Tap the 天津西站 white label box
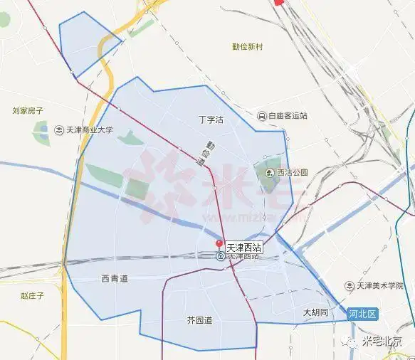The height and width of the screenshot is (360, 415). click(243, 248)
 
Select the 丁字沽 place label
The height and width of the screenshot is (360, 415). click(210, 120)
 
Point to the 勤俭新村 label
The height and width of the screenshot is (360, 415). click(247, 47)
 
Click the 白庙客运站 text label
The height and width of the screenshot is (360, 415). click(288, 115)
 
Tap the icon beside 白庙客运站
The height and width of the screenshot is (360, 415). click(262, 115)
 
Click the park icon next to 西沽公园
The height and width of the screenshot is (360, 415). click(270, 173)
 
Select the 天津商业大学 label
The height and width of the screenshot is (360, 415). click(90, 130)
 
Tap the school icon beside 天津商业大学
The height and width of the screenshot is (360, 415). click(59, 130)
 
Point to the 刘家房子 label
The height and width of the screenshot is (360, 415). click(28, 111)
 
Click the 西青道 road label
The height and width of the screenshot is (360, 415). click(115, 279)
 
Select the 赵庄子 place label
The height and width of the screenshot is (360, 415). click(33, 295)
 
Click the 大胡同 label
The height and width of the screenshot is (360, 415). click(315, 312)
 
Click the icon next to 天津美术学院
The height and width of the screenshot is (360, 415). click(349, 285)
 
